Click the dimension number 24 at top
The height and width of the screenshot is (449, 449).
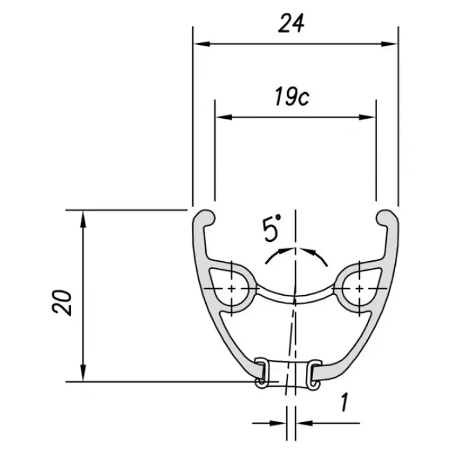(291, 24)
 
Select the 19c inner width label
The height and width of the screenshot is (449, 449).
(292, 97)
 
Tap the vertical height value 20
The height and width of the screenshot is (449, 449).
(62, 303)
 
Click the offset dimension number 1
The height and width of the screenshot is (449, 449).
(344, 402)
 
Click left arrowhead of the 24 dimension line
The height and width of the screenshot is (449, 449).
(202, 44)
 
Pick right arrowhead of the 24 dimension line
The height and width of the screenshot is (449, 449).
(389, 44)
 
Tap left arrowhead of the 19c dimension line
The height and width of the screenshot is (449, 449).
(224, 117)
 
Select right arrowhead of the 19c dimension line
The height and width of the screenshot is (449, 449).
(367, 117)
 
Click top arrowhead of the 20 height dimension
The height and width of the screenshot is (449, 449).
(83, 219)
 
